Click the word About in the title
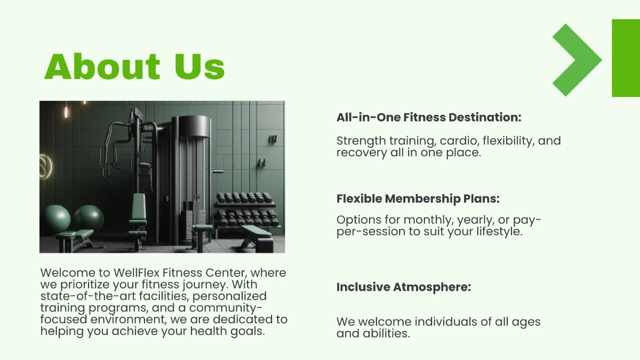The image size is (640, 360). [102, 67]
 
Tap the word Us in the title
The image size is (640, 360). [199, 67]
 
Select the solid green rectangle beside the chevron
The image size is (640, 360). [626, 58]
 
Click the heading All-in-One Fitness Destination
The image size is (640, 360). [428, 117]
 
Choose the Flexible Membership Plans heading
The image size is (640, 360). [418, 199]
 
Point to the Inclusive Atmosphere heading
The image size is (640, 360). [403, 287]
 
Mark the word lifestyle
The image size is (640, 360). [494, 231]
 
